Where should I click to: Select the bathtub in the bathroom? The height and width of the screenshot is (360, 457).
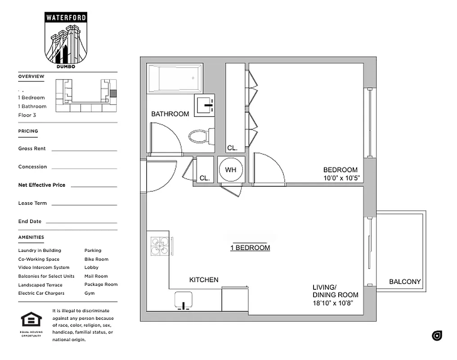[175, 79]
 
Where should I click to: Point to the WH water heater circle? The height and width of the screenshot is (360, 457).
[231, 170]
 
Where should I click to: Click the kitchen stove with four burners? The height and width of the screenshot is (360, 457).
[160, 247]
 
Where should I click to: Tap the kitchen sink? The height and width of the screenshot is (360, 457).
[184, 300]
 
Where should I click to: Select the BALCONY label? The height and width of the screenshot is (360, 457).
[405, 282]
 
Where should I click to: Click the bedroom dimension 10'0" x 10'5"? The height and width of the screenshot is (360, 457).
[341, 178]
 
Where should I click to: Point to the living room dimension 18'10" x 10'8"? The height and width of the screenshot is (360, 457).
[332, 303]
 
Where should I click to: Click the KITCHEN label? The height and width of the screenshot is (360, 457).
[204, 280]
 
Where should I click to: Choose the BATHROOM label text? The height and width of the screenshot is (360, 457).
[170, 114]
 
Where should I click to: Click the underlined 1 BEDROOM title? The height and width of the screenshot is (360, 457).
[250, 247]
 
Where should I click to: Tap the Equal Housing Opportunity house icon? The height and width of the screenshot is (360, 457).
[31, 320]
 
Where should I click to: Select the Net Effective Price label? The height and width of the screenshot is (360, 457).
[41, 185]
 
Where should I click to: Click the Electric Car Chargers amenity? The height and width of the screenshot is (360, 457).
[41, 293]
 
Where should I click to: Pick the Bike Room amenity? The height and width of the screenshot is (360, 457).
[96, 259]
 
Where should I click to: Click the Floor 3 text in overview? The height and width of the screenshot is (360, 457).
[27, 115]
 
